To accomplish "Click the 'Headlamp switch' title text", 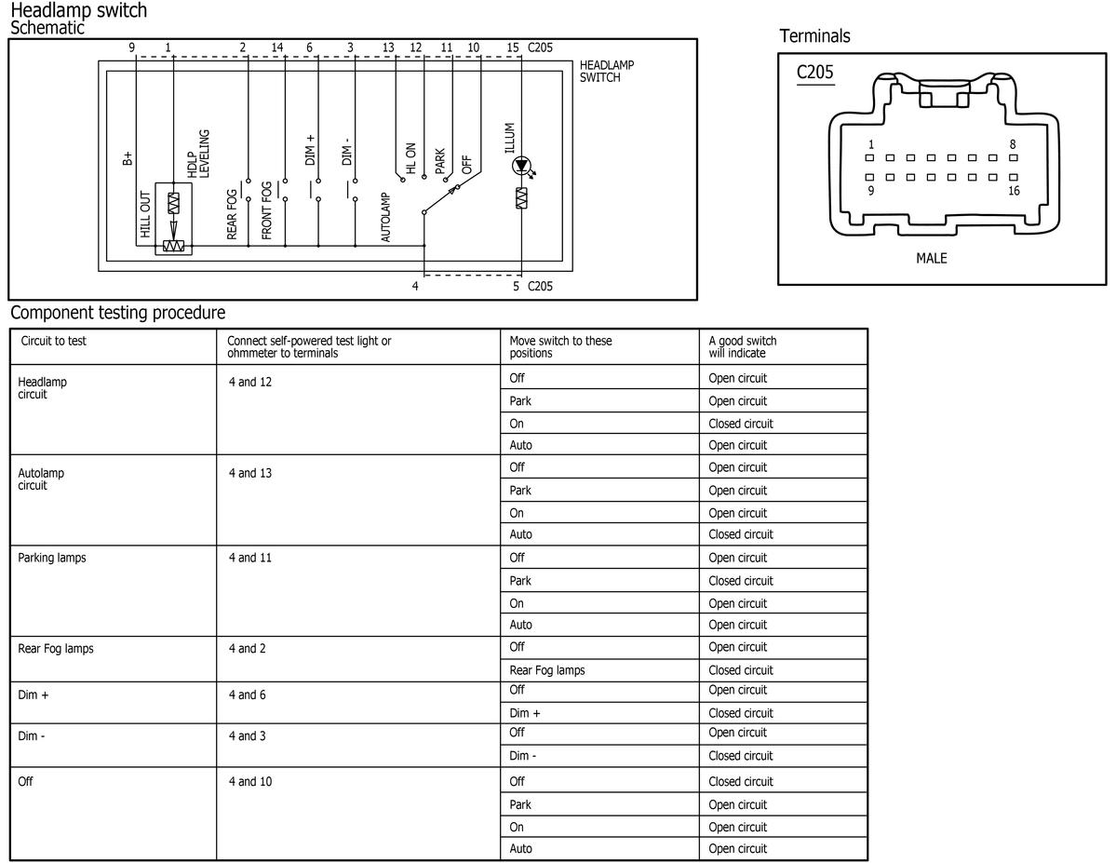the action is (x=79, y=10).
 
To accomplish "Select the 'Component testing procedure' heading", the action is (x=118, y=313).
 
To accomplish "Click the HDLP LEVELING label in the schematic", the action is (x=198, y=153).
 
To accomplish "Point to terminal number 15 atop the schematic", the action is (x=513, y=47).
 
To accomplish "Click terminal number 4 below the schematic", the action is (x=415, y=286).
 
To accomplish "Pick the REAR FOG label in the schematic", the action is (x=232, y=213).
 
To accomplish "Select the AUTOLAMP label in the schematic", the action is (x=385, y=217).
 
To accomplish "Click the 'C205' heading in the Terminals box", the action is (x=815, y=72).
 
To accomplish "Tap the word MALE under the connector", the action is (x=931, y=259).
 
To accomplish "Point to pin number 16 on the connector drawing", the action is (x=1014, y=191).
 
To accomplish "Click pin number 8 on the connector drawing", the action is (x=1013, y=144).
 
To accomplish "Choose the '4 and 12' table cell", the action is (x=250, y=383).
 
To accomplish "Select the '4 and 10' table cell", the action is (x=250, y=782).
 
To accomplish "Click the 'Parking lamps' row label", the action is (x=52, y=558).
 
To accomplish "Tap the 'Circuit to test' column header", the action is (x=53, y=341).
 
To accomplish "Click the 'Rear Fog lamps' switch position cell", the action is (x=547, y=670).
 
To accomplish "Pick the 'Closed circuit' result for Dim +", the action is (x=741, y=713).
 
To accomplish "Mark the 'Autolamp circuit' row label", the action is (x=41, y=479).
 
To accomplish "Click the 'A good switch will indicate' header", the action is (x=743, y=346).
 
